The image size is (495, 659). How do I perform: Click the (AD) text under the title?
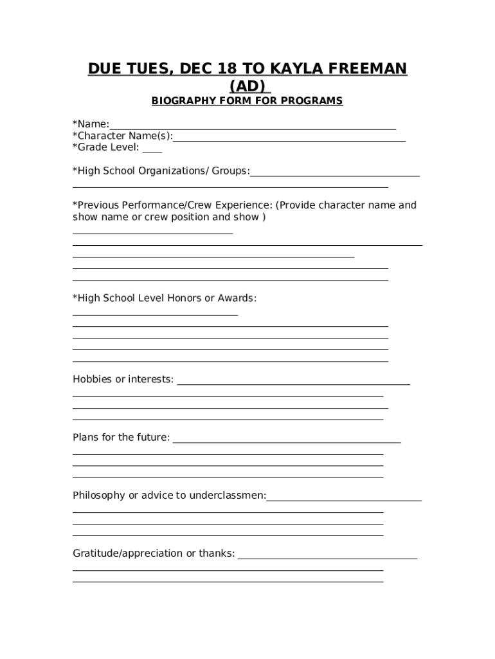tap(248, 86)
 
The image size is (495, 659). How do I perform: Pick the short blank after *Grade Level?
tap(152, 149)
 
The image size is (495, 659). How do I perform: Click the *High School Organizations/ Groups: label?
tap(161, 171)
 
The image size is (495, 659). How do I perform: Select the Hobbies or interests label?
tap(123, 379)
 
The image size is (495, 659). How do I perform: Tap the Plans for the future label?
tap(122, 438)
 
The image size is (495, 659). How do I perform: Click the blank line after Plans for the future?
tap(287, 440)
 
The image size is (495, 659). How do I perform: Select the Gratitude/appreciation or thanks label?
tap(154, 553)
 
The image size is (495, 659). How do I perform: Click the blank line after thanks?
tap(327, 556)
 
